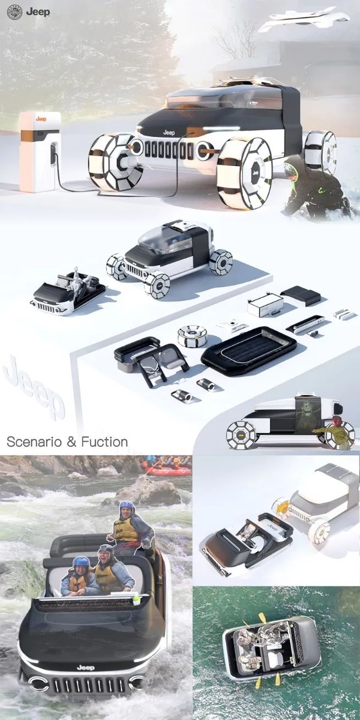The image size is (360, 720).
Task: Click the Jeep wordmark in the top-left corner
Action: (38, 12)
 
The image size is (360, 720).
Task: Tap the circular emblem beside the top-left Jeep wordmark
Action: (14, 12)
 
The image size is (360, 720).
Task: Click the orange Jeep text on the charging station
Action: (41, 119)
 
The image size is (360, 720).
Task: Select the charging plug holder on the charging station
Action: (53, 154)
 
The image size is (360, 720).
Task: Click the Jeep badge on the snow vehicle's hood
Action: (169, 132)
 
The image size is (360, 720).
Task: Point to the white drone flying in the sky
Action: (304, 19)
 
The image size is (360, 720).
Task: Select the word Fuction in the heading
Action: (104, 442)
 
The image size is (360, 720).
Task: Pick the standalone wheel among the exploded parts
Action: (192, 336)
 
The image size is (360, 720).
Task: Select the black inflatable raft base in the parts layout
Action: (249, 351)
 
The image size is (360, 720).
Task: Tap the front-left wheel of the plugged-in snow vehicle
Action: (116, 162)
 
